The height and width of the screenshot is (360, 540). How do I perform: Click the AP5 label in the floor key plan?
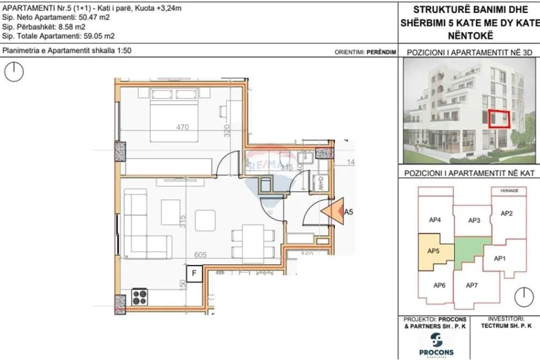434,250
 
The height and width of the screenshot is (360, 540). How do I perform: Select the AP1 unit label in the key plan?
499,258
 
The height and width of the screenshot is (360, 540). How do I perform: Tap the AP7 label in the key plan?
472,285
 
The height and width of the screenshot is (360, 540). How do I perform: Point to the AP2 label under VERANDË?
506,213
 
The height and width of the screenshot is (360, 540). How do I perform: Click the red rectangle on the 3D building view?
500,118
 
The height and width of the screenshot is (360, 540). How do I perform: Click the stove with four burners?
140,296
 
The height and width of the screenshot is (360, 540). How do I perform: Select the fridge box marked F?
194,274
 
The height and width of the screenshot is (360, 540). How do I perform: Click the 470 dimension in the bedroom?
182,127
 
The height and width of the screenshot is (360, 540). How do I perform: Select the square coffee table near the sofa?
205,220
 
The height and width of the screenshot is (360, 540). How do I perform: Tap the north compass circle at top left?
14,71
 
